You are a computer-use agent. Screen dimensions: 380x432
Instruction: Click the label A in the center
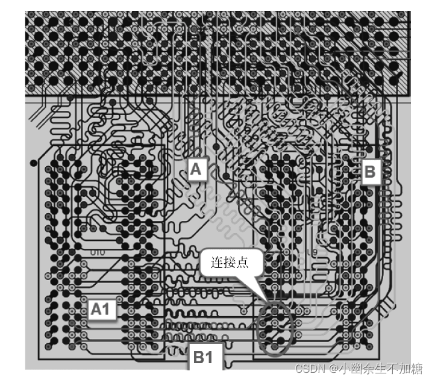196,170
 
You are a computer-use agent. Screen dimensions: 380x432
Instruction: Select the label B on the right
369,172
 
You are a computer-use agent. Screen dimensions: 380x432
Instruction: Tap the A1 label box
100,309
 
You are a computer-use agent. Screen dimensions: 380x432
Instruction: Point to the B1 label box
203,357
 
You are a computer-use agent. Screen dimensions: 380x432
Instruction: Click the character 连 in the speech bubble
216,263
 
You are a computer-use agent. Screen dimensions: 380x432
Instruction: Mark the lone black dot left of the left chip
33,163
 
